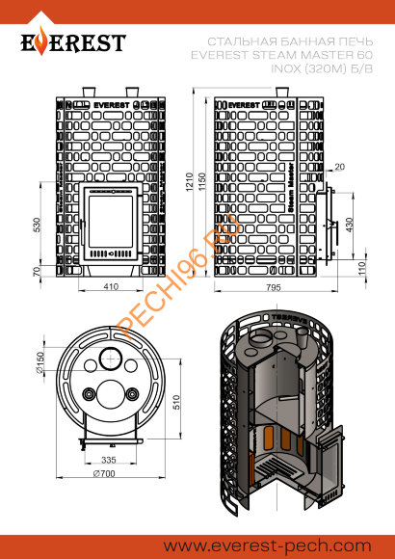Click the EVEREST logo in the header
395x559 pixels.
click(74, 43)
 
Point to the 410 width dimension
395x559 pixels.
click(112, 287)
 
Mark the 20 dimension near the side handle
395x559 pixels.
click(340, 167)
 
